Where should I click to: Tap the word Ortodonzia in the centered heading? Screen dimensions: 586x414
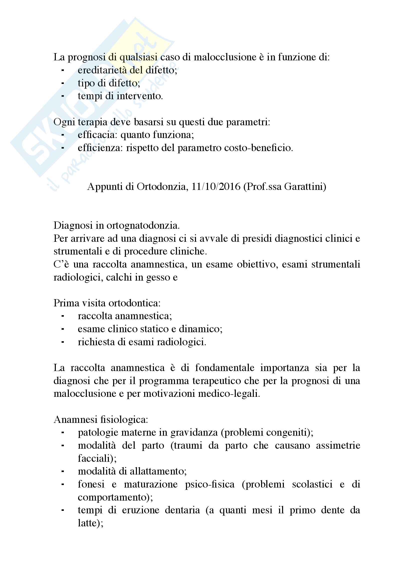point(161,187)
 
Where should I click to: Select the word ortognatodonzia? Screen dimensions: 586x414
point(143,225)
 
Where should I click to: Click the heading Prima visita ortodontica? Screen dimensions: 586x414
point(107,303)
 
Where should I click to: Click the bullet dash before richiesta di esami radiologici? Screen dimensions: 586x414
point(63,342)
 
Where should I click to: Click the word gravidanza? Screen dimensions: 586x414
point(194,433)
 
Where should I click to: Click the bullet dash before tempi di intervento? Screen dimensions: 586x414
point(63,96)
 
